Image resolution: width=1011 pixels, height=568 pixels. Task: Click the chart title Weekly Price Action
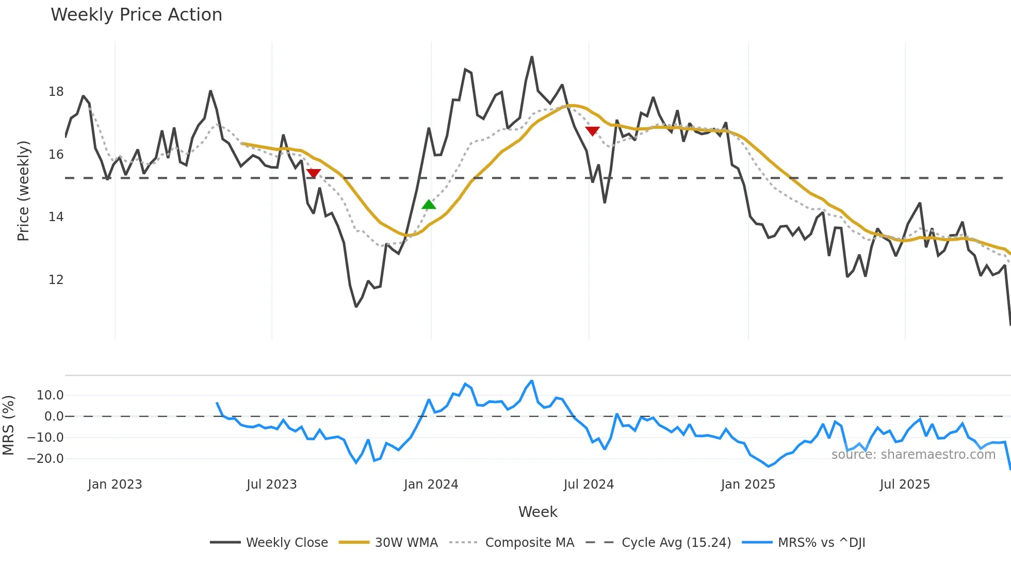tap(136, 15)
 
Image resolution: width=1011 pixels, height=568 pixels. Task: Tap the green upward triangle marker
tap(429, 205)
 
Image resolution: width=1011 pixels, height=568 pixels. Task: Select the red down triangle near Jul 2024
tap(592, 131)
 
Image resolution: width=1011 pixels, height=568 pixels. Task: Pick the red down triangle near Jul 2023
tap(313, 173)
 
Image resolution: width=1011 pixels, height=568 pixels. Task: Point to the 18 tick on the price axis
tap(56, 92)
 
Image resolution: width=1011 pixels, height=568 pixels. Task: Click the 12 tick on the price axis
tap(56, 280)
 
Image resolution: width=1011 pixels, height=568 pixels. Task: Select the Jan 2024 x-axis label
tap(431, 485)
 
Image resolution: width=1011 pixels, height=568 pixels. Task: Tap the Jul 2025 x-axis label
tap(905, 485)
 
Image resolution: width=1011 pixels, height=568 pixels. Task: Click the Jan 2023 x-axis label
tap(115, 485)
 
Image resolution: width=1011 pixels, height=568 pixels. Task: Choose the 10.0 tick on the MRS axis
tap(50, 395)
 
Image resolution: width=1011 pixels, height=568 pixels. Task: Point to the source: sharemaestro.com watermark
tap(913, 455)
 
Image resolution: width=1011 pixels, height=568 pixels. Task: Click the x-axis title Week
tap(537, 512)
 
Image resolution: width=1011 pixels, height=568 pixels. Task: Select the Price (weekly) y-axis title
tap(23, 191)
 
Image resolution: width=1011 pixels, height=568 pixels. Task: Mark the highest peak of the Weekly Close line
tap(532, 57)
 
